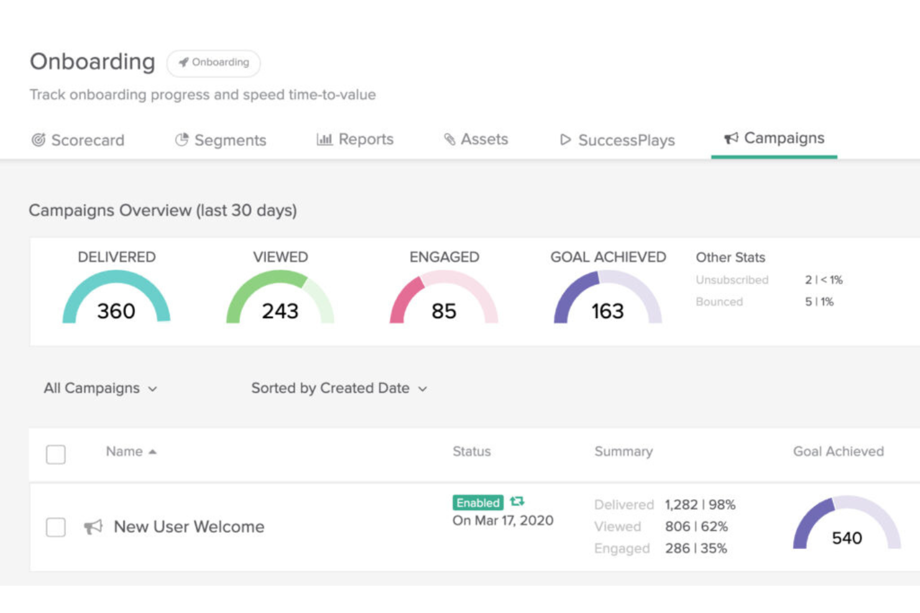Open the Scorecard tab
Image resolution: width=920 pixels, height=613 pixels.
(78, 140)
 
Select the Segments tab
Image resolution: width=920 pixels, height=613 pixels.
(221, 140)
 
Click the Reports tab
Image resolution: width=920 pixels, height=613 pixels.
(356, 140)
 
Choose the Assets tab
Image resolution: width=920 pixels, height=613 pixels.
(476, 140)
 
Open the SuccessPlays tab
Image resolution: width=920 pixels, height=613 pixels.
(617, 140)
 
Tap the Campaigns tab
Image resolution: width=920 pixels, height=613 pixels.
(775, 138)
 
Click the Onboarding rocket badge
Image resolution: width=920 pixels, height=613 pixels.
(214, 63)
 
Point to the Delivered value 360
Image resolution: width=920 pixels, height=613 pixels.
(116, 311)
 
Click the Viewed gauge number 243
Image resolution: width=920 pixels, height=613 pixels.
(280, 311)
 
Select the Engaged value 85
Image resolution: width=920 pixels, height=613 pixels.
(444, 311)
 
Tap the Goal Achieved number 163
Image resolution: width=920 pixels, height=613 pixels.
(607, 311)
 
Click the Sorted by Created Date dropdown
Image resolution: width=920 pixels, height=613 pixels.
(339, 388)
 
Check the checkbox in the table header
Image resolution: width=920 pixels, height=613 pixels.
(56, 454)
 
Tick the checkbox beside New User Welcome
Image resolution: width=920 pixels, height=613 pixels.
(56, 527)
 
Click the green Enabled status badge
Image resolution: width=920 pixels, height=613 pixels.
(477, 502)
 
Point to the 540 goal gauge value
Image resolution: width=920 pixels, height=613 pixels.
(847, 538)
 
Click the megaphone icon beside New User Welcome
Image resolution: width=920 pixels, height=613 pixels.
(93, 527)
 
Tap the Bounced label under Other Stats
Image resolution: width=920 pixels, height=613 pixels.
(719, 302)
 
